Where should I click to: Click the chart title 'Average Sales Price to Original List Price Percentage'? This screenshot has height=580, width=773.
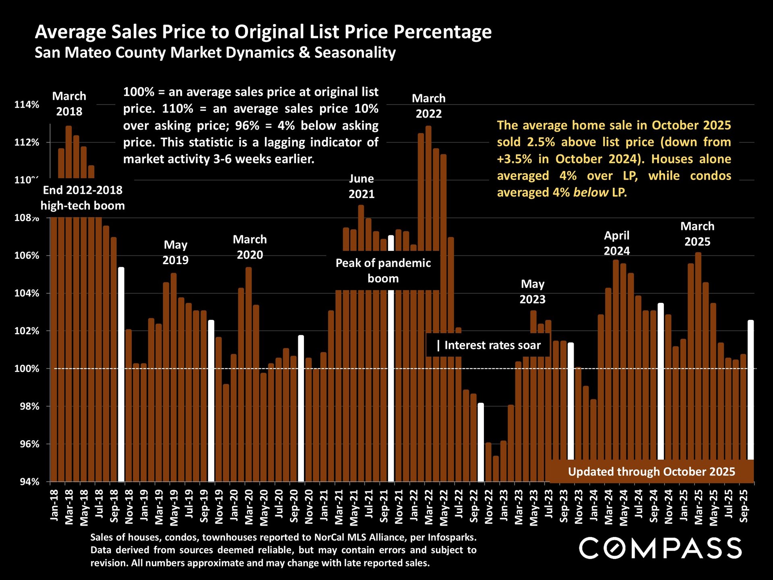[263, 32]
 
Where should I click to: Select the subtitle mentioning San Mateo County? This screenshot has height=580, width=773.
[215, 53]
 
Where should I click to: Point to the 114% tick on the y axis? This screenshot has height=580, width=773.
[27, 105]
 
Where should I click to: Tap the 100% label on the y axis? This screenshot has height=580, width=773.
[27, 369]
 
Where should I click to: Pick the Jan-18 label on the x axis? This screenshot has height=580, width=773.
[54, 505]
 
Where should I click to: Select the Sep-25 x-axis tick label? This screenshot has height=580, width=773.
[744, 506]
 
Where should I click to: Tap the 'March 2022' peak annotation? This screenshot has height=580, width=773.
[428, 106]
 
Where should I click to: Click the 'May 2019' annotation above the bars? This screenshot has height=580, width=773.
[175, 252]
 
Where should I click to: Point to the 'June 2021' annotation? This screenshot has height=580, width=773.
[361, 186]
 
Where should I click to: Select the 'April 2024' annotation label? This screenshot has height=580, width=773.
[616, 243]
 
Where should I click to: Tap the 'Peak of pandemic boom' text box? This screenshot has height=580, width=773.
[383, 271]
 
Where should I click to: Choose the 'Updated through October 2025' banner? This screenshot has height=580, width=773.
[651, 472]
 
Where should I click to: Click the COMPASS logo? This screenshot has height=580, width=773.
[660, 549]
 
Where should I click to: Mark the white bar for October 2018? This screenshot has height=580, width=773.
[121, 375]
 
